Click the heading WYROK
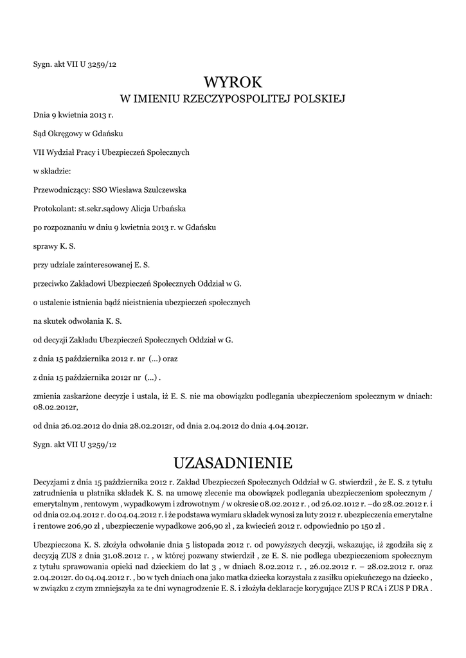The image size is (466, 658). click(x=233, y=82)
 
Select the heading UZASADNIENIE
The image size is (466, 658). click(x=233, y=462)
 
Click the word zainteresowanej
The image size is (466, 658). click(x=97, y=264)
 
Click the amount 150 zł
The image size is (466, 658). click(x=373, y=525)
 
